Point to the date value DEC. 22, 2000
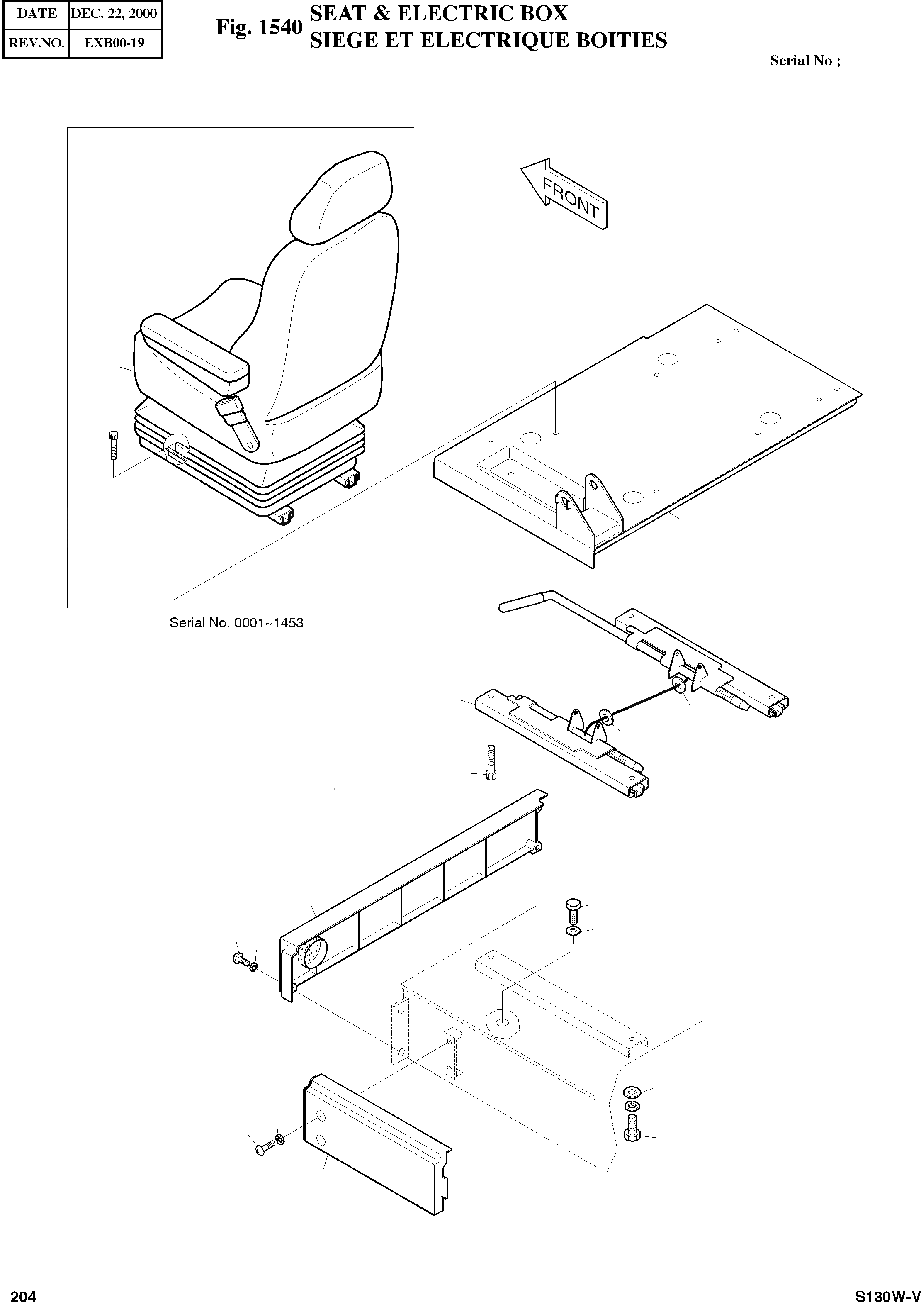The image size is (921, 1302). coord(114,14)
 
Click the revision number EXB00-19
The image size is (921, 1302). coord(114,43)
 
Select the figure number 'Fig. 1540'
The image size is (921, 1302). coord(259,27)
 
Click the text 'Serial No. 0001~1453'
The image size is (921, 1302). coord(236,622)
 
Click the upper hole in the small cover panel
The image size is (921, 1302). coord(321,1116)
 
